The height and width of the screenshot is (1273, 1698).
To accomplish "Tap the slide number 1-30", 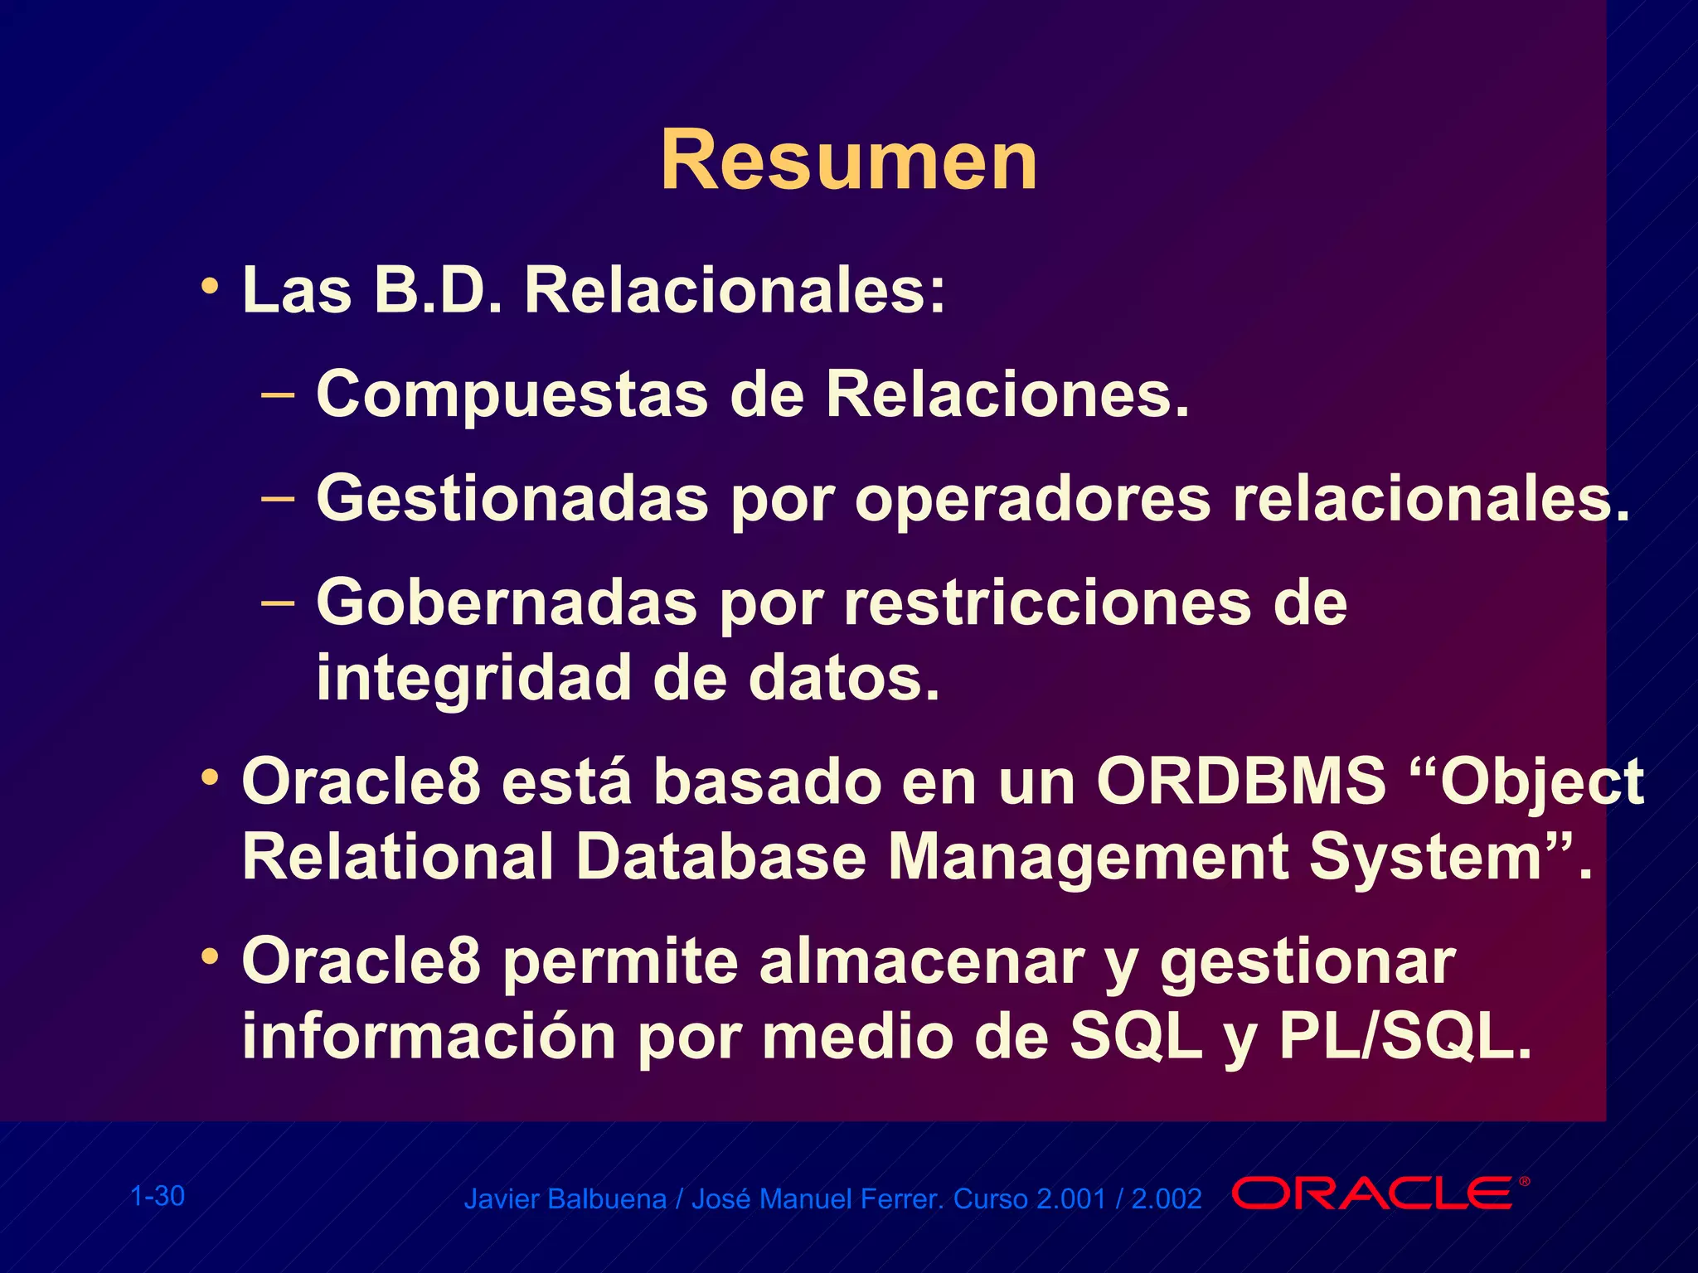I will (158, 1196).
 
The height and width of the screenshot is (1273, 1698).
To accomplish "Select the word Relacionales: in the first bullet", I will (735, 291).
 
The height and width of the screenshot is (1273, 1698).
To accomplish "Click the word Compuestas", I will (512, 395).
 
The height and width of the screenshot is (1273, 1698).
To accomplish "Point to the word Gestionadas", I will (512, 500).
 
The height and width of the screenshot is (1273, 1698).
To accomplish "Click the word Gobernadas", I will (507, 603).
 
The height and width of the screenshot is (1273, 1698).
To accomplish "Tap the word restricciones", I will (1047, 603).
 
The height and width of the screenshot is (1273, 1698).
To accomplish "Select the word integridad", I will (473, 679).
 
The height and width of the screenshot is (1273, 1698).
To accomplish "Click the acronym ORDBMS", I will (1240, 781).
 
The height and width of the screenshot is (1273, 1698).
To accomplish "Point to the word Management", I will (1087, 857).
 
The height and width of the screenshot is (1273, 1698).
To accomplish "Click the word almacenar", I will (921, 961).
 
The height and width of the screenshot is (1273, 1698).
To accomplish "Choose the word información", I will (429, 1038).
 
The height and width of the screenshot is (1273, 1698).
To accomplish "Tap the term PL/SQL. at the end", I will (1404, 1036).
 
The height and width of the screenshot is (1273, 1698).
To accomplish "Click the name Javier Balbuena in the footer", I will (565, 1199).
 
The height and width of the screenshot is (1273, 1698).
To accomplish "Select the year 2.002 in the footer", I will (1167, 1199).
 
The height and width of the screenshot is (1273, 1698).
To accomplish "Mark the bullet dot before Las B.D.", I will (211, 287).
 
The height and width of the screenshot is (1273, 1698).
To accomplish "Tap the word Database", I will (720, 857).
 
